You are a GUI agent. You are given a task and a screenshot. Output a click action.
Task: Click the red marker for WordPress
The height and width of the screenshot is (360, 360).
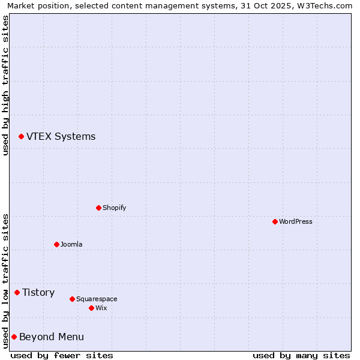click(275, 221)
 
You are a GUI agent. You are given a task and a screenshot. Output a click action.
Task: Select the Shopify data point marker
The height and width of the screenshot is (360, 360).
click(98, 208)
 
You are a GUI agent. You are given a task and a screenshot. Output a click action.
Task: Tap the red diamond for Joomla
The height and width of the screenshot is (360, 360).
click(56, 244)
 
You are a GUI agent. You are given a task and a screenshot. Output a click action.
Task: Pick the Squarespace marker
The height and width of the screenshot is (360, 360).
click(72, 299)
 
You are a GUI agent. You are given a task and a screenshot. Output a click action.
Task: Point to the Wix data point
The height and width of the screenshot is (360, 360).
click(91, 308)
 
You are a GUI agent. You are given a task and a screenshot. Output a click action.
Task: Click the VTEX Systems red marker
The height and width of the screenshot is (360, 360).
click(21, 137)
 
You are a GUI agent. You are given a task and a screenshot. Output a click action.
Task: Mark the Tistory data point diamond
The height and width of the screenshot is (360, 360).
click(17, 293)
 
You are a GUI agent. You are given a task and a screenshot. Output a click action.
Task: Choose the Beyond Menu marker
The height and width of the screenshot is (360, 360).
click(14, 337)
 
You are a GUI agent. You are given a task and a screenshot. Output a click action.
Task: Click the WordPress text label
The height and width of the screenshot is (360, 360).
click(296, 221)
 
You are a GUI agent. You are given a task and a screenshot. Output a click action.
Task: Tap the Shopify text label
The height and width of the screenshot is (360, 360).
click(114, 208)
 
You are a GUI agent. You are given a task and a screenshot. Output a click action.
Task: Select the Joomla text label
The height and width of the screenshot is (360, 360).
click(71, 244)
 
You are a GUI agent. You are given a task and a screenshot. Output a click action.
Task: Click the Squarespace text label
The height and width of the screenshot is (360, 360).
click(97, 299)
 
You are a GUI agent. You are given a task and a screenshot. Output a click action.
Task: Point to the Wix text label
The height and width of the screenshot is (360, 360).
click(101, 308)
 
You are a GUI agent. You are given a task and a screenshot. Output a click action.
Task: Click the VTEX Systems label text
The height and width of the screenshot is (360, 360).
click(61, 136)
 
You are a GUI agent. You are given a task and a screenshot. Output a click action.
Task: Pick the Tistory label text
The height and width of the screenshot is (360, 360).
click(38, 292)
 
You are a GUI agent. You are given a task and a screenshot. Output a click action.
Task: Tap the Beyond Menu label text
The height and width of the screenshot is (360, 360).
click(52, 337)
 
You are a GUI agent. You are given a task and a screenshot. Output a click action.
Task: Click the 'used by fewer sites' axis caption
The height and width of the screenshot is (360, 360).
click(62, 355)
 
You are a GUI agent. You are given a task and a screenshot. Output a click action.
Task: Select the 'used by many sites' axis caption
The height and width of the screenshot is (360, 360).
click(301, 355)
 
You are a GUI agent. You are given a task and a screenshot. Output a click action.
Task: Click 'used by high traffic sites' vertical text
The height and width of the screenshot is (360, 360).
click(5, 85)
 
